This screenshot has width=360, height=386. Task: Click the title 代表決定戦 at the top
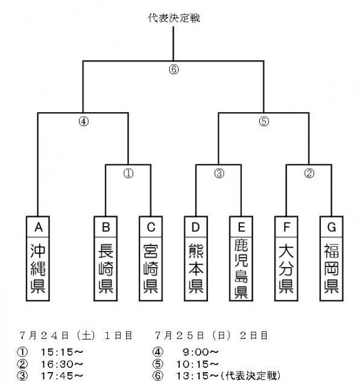click(x=174, y=18)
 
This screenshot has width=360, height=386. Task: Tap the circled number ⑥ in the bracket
click(x=174, y=69)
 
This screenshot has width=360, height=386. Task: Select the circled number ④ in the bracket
click(x=83, y=120)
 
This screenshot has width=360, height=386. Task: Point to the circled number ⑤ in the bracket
click(x=263, y=120)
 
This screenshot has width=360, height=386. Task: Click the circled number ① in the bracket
click(x=128, y=172)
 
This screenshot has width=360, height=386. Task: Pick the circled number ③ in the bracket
click(x=218, y=172)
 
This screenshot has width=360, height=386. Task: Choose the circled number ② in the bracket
click(x=308, y=172)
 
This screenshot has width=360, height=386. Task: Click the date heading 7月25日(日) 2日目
click(x=210, y=334)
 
